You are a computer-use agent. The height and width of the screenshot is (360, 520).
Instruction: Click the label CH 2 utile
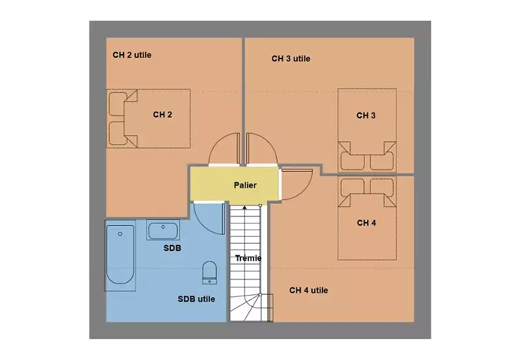tap(132, 55)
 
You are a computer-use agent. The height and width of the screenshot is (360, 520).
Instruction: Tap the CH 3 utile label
tap(291, 58)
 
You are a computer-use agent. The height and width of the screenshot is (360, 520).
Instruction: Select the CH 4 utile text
tap(308, 290)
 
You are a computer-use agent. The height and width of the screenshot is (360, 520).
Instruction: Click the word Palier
tap(245, 185)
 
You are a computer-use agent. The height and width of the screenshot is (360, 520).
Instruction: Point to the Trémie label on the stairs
tap(248, 258)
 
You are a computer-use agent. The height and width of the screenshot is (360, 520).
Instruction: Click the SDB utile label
tap(196, 299)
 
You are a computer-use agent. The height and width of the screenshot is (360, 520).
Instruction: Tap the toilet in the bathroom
tap(209, 272)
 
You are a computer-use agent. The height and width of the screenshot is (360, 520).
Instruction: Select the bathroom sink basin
tap(163, 231)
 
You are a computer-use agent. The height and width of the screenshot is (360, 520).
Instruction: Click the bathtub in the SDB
tap(120, 255)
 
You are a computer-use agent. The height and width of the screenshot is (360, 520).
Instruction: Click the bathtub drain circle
tap(120, 234)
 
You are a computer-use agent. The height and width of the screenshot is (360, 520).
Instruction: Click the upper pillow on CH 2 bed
tap(118, 104)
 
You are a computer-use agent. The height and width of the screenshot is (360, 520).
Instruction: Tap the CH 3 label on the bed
tap(366, 116)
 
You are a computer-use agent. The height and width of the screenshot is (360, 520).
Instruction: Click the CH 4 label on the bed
tap(367, 223)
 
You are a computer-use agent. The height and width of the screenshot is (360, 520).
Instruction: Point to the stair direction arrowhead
tap(245, 207)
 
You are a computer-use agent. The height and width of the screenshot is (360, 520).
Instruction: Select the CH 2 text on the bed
tap(162, 115)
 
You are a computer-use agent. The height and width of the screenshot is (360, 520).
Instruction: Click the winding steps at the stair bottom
tap(251, 307)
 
